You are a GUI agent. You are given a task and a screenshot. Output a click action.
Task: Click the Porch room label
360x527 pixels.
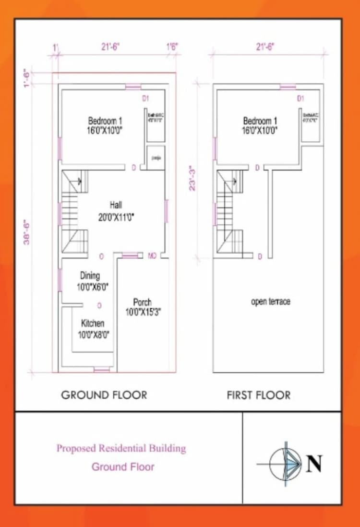(142, 302)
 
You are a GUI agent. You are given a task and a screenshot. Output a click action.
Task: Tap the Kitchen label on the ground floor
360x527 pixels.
(93, 323)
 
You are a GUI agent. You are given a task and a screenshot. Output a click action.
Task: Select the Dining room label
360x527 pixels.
(90, 276)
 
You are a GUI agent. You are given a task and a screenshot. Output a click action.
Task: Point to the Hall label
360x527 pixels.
(116, 205)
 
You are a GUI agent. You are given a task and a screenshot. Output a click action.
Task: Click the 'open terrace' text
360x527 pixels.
(271, 302)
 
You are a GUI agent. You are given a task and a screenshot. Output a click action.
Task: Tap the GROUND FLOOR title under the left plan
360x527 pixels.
(104, 395)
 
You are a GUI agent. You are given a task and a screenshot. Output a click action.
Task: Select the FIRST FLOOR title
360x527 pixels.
(259, 395)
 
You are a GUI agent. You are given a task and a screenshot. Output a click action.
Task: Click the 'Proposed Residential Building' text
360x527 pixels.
(121, 449)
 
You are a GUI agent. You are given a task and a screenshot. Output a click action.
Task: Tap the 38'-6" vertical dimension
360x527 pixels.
(27, 232)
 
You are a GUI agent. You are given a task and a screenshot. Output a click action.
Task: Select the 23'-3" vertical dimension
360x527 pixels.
(192, 178)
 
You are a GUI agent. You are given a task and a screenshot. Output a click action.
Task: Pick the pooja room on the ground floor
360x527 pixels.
(156, 158)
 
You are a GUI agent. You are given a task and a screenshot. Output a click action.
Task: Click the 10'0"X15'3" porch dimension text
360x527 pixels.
(143, 311)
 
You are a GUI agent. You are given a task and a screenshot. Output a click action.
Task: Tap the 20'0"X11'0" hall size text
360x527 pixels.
(116, 217)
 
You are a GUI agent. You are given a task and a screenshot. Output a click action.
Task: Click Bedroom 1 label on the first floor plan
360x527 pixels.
(260, 121)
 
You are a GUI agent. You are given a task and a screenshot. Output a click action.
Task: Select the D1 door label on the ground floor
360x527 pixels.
(146, 98)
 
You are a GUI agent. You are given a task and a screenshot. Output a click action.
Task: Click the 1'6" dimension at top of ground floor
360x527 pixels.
(172, 47)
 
